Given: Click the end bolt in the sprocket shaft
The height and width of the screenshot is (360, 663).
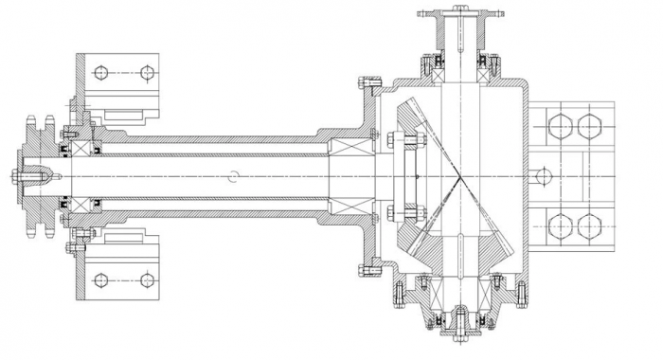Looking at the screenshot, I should (x=21, y=176).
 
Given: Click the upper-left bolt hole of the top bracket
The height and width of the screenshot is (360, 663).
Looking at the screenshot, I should (x=101, y=72).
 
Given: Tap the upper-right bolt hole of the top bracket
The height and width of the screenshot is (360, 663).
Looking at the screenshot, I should (x=146, y=72).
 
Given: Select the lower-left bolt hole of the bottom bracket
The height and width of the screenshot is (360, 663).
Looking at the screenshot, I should (x=101, y=279).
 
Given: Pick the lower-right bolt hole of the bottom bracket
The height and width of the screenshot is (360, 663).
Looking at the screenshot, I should (x=146, y=279).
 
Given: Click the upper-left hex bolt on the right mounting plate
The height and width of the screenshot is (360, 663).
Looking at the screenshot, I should (x=560, y=126).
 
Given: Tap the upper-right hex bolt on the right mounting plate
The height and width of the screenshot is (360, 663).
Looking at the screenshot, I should (x=590, y=126).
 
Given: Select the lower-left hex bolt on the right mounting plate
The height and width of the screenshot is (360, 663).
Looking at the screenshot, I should (x=560, y=226).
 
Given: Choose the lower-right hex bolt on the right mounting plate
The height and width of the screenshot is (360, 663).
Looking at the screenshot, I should (x=590, y=226).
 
